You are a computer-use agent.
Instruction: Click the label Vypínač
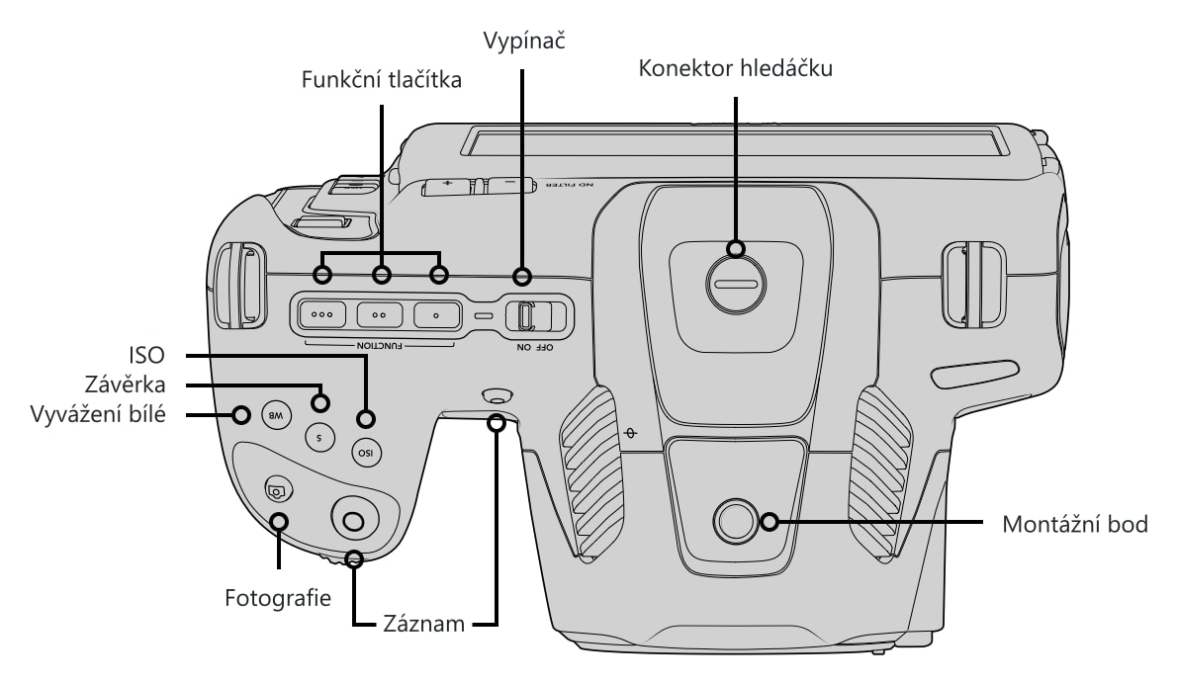[523, 42]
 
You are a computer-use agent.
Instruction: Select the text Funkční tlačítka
[382, 79]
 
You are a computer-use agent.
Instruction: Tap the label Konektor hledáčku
[736, 68]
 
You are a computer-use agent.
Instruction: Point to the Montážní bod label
[1075, 524]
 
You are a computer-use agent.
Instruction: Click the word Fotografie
[278, 598]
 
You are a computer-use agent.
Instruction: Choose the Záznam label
[424, 624]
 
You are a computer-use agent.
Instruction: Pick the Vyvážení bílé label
[98, 414]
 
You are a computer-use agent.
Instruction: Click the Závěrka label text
[125, 385]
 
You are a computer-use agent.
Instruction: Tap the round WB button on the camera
[276, 415]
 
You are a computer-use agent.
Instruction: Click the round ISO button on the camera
[366, 453]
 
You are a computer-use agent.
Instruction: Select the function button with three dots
[322, 315]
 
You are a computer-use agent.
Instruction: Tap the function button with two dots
[379, 315]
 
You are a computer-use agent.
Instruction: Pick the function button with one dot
[437, 315]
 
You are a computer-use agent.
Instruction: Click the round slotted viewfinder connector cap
[737, 285]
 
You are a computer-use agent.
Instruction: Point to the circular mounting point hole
[735, 521]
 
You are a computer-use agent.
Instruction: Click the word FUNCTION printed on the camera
[379, 345]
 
